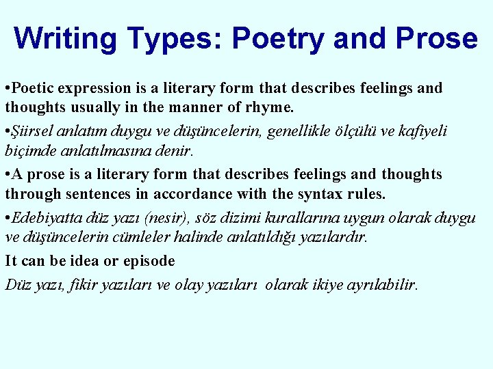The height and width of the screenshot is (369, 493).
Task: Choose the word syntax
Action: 319,194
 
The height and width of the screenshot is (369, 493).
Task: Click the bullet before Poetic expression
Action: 7,89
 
